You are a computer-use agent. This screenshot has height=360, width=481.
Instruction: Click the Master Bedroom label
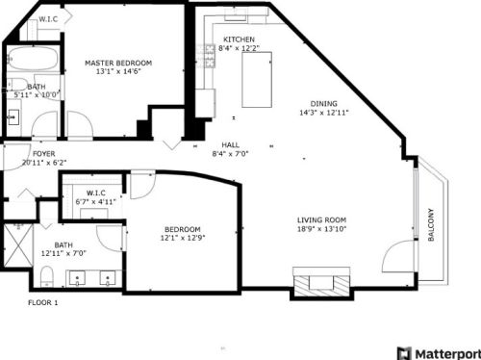pos(118,63)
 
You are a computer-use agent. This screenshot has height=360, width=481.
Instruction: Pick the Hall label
pos(230,144)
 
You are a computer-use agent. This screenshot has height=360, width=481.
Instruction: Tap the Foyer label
pos(43,154)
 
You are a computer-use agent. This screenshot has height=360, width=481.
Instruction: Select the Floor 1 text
pos(42,303)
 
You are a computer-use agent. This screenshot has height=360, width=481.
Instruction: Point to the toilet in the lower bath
pos(46,280)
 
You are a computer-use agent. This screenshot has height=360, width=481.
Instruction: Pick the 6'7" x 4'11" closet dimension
pos(95,201)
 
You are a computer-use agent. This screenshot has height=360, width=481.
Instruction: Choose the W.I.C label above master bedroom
pos(47,19)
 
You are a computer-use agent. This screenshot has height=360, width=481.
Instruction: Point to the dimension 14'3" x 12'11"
pos(323,113)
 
